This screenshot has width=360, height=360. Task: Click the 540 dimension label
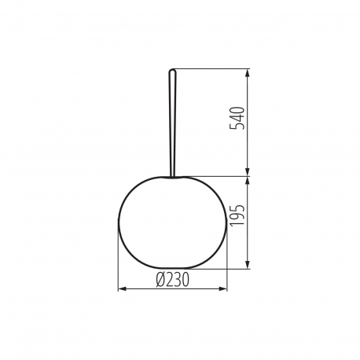point(237,118)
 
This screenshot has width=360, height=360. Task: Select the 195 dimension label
point(237,215)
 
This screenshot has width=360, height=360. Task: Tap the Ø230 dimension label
point(172,280)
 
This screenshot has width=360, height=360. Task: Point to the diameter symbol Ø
point(160,280)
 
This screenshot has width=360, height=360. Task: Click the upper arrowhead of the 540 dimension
point(248,73)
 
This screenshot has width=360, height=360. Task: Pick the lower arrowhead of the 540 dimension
point(248,172)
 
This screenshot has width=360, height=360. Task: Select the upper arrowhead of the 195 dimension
point(248,181)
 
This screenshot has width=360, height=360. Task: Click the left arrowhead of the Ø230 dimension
point(123,288)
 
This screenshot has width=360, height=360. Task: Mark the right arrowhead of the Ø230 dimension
point(222,288)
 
